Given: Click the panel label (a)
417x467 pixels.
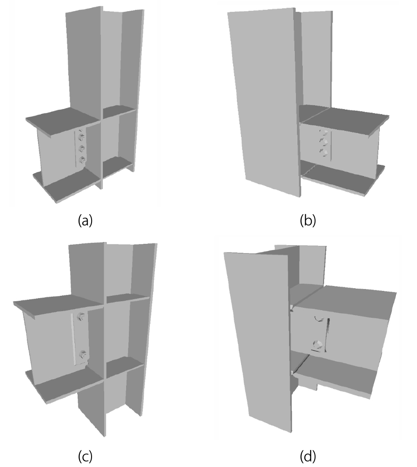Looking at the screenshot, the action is coord(85,221).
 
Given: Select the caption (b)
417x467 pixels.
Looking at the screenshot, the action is coord(307,221).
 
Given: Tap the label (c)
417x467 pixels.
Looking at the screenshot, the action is coord(85,456).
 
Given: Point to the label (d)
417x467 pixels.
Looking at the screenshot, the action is coord(307,456).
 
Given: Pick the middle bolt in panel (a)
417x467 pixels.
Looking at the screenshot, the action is coord(81,149).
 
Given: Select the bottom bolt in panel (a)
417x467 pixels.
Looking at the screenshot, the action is coord(82,160).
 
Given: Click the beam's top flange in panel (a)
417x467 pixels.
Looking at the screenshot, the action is coord(63,121).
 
